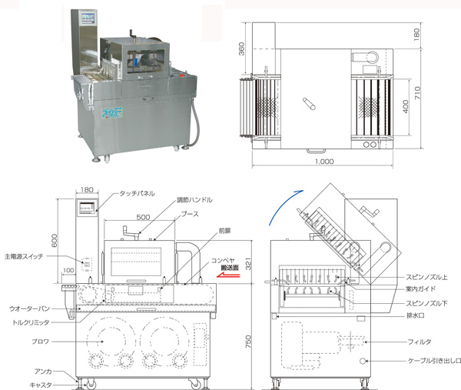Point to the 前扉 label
[224, 230]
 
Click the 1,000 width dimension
[324, 162]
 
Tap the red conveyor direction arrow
[231, 272]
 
